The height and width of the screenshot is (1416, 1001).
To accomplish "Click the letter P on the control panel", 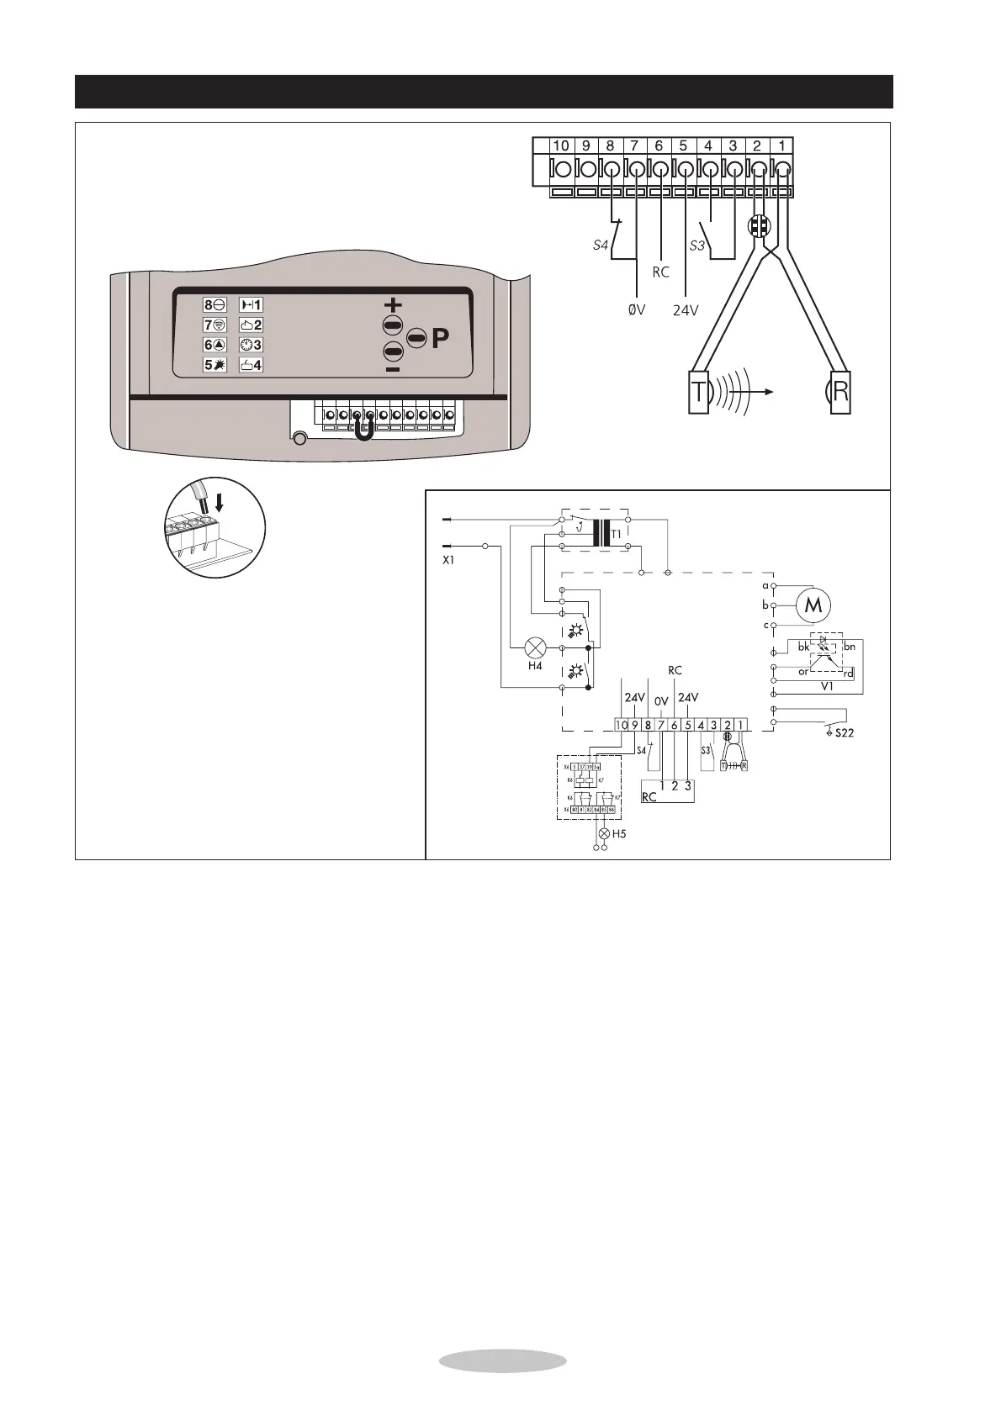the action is (x=440, y=339).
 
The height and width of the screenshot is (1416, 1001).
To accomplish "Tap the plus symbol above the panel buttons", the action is (x=393, y=305).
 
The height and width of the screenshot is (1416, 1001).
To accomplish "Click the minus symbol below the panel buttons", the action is (x=393, y=369).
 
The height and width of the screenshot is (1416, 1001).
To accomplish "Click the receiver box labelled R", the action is (x=840, y=392).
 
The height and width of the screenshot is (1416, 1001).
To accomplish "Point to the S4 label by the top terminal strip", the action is (x=599, y=246).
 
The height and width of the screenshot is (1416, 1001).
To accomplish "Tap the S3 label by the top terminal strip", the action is (x=696, y=246).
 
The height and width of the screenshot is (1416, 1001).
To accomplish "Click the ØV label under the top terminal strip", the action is (x=636, y=309).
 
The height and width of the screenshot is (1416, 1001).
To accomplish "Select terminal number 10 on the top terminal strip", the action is (x=560, y=145).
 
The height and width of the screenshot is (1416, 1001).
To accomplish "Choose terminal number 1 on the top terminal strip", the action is (x=781, y=145).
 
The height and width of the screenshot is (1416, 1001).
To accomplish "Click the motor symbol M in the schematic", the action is (x=813, y=605).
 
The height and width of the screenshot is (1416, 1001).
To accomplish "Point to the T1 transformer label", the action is (x=619, y=535).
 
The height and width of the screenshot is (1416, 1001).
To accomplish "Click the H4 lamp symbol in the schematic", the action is (x=536, y=647).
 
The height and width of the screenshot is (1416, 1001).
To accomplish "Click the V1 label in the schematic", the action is (x=826, y=686).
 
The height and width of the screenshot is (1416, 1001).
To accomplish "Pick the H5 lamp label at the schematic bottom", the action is (x=619, y=834).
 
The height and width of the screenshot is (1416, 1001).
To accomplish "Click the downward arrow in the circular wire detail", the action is (x=220, y=503).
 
